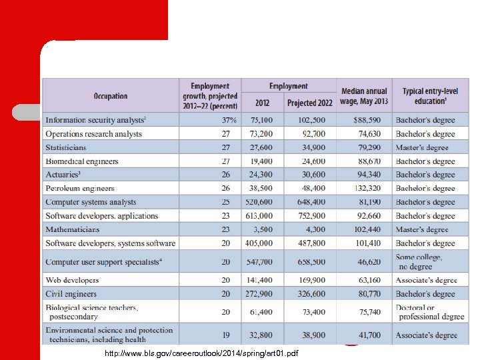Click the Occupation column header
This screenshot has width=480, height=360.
click(111, 96)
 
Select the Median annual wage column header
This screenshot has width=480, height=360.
click(363, 96)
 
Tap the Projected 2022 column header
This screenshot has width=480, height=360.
click(309, 103)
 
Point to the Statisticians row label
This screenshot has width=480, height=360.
click(66, 147)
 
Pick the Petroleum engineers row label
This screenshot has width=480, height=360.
click(80, 189)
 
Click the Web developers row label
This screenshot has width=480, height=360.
click(72, 281)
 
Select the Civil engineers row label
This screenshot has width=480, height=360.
click(71, 294)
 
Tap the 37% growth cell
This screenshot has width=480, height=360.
click(229, 121)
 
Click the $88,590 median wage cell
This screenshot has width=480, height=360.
click(372, 121)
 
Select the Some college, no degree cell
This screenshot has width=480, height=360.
click(419, 262)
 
